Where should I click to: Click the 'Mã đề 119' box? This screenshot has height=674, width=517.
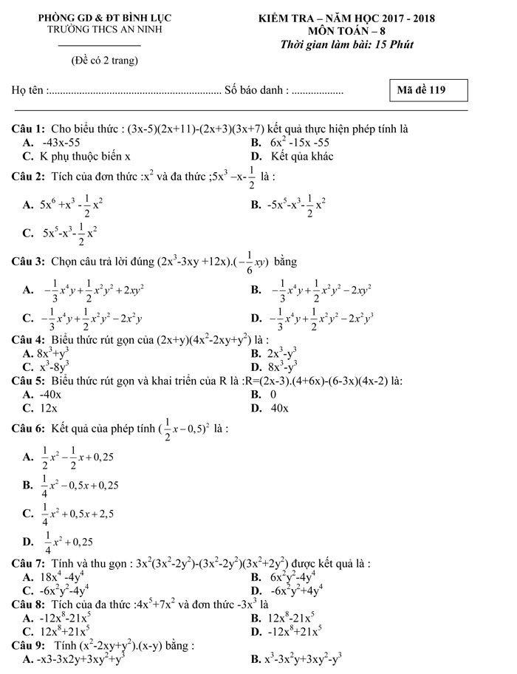(x=430, y=91)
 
